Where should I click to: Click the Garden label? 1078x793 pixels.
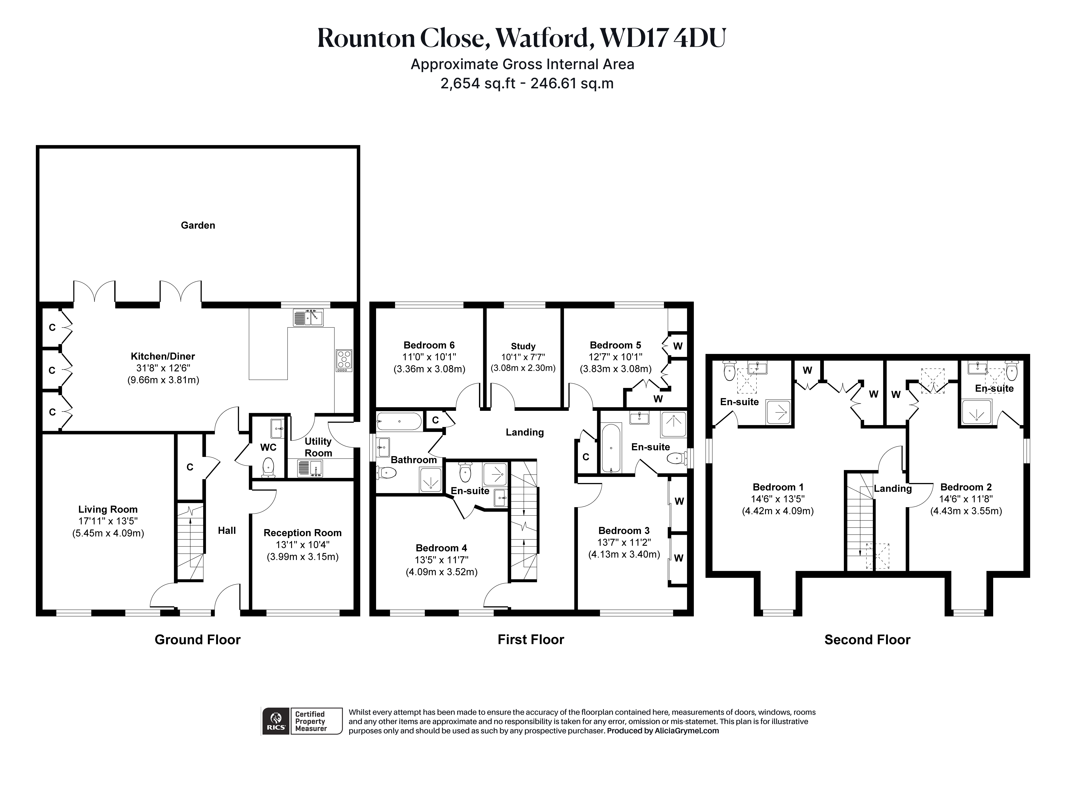198,225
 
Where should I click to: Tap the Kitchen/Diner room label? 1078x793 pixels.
163,356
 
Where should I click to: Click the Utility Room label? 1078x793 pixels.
318,447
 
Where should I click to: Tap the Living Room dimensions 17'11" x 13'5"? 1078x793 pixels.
108,521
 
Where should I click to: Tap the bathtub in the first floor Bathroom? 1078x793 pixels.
399,421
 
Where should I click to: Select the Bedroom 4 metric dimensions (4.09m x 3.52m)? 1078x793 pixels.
442,572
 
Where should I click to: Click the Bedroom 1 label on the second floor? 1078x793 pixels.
778,487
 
